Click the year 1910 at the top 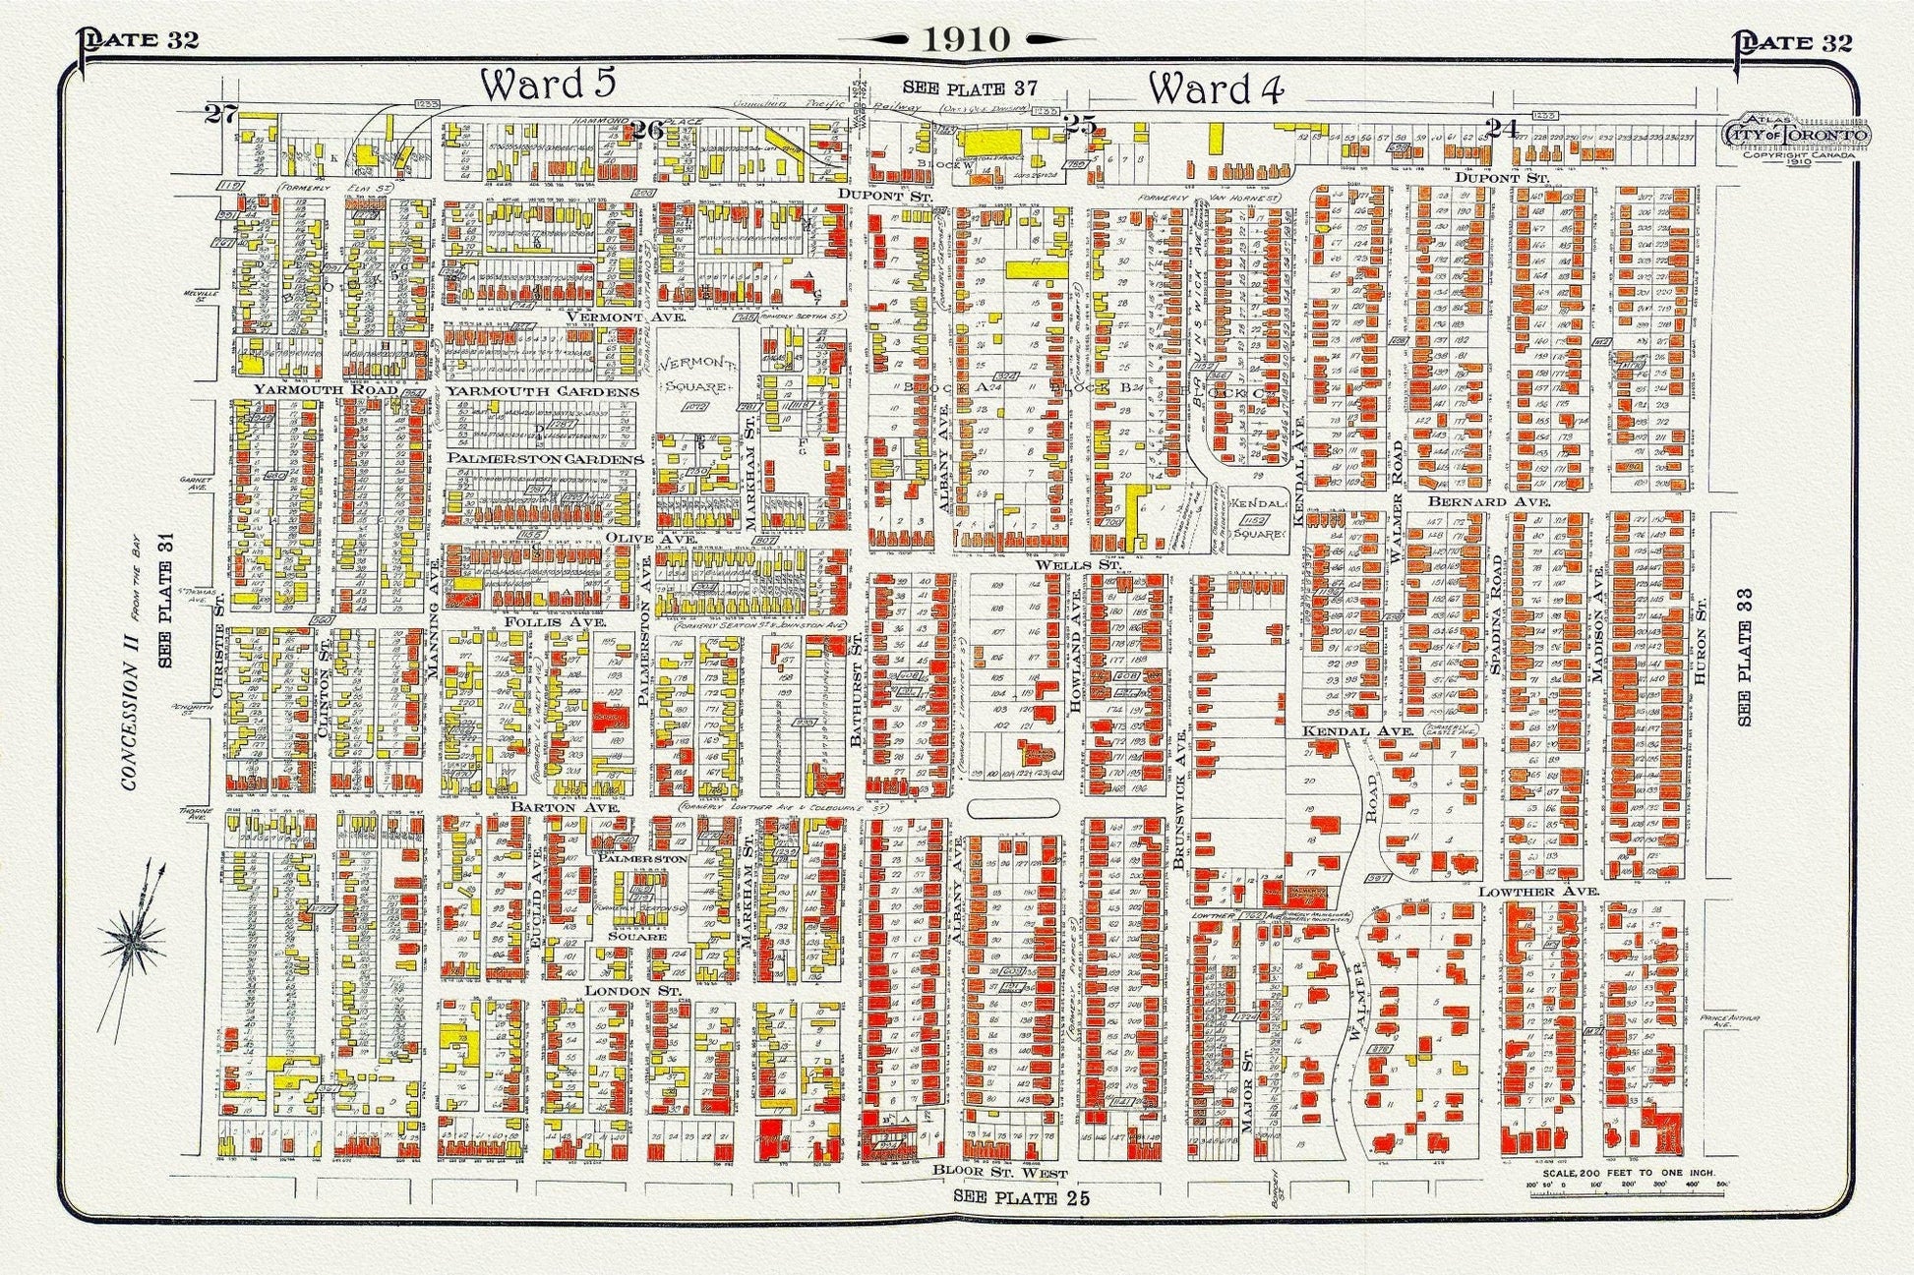coord(965,39)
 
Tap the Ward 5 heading coord(547,86)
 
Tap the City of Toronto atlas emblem coord(1796,133)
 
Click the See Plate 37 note coord(971,88)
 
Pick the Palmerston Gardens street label coord(546,459)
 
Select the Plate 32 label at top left coord(141,39)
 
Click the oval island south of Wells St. coord(1013,807)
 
